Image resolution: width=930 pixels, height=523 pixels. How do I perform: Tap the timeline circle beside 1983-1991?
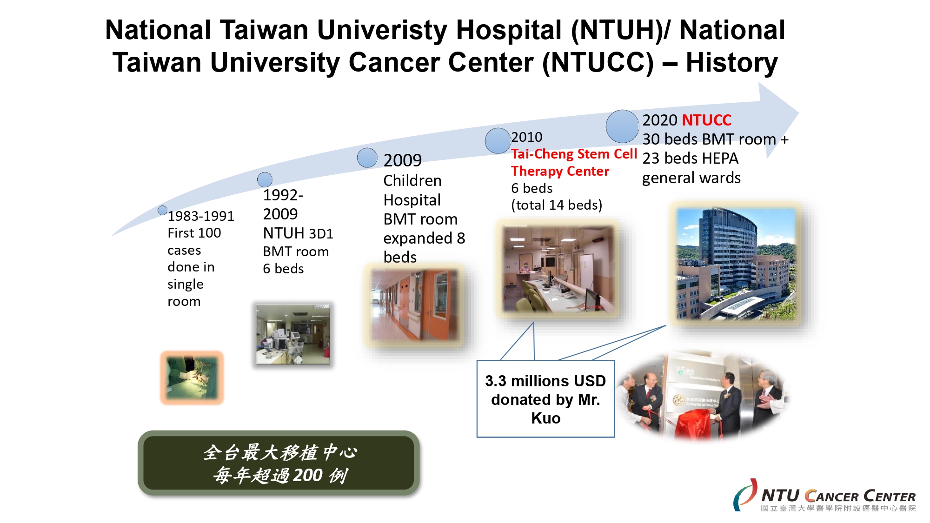coord(162,210)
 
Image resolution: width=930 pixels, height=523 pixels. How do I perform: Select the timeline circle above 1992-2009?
coord(265,179)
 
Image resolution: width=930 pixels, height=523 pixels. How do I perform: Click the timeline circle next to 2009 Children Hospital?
coord(367,158)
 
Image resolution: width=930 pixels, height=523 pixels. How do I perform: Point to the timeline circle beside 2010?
coord(498,141)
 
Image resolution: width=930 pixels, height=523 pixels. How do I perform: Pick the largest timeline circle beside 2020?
coord(622,126)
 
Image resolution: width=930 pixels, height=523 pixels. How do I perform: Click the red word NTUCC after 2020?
coord(706,120)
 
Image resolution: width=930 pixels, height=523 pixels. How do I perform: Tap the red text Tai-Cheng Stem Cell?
coord(574,154)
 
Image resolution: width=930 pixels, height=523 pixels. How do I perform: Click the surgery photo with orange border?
coord(192,378)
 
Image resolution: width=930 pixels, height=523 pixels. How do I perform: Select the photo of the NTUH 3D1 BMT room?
coord(293,334)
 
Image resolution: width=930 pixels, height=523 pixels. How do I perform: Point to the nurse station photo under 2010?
coord(558,269)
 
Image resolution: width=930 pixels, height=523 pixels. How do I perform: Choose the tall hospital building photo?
coord(736,264)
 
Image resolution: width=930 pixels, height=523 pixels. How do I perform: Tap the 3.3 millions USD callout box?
coord(545,399)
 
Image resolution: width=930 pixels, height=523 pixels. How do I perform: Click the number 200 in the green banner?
coord(308,475)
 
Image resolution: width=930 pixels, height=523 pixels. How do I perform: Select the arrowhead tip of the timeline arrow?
coord(799,113)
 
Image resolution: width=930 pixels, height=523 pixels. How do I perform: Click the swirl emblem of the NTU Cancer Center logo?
coord(745,495)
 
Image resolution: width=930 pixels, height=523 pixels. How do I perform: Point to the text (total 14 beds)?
coord(557,205)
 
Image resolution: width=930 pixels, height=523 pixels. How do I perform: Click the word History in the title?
coord(731,63)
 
